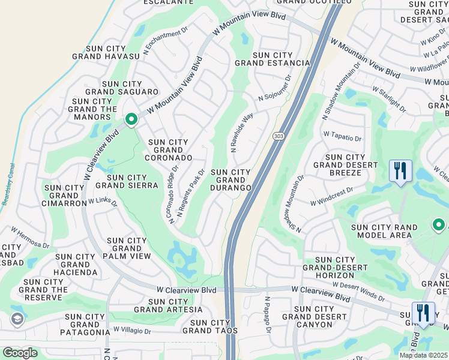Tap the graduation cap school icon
(x=17, y=319)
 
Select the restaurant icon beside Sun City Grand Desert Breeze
(x=400, y=170)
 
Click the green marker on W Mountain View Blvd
(x=131, y=120)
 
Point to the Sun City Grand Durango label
(x=231, y=180)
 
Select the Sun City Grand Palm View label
(x=127, y=248)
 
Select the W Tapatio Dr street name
(x=342, y=137)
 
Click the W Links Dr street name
(x=103, y=202)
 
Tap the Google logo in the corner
(x=20, y=353)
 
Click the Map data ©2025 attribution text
(x=424, y=355)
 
